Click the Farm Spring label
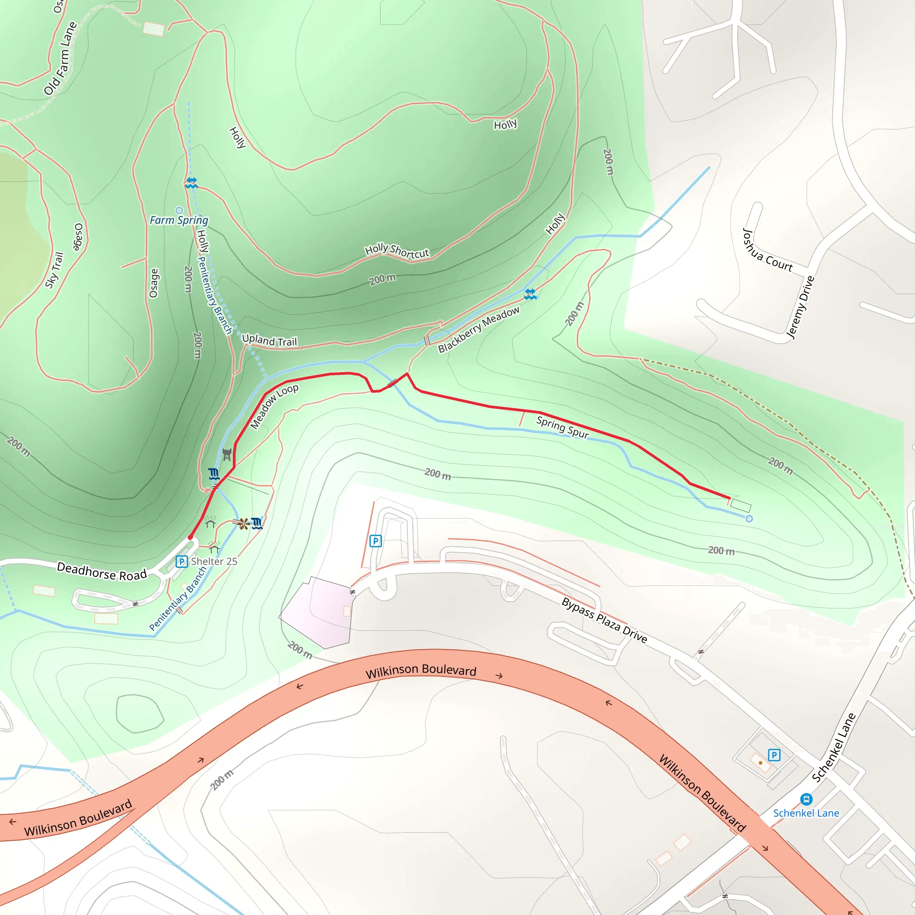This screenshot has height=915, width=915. (x=179, y=220)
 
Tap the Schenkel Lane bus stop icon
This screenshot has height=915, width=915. (x=806, y=799)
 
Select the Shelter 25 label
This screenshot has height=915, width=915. (x=214, y=561)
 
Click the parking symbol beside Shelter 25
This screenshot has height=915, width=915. (x=181, y=562)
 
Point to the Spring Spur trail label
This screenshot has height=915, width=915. (x=562, y=427)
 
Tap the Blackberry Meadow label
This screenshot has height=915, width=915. (x=478, y=330)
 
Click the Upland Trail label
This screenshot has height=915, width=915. (x=269, y=340)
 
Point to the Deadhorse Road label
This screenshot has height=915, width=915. (x=102, y=571)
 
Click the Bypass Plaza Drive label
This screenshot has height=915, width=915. (x=604, y=620)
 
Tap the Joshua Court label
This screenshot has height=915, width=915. (x=767, y=250)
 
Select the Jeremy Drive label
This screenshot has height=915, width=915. (x=800, y=307)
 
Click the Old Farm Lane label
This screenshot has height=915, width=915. (x=60, y=59)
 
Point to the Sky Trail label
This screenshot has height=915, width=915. (x=54, y=270)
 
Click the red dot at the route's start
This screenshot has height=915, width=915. (x=190, y=537)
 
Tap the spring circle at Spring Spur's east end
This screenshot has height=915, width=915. (x=749, y=519)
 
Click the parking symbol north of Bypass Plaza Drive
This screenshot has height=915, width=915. (x=376, y=541)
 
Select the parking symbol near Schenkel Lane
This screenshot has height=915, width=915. (x=774, y=755)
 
